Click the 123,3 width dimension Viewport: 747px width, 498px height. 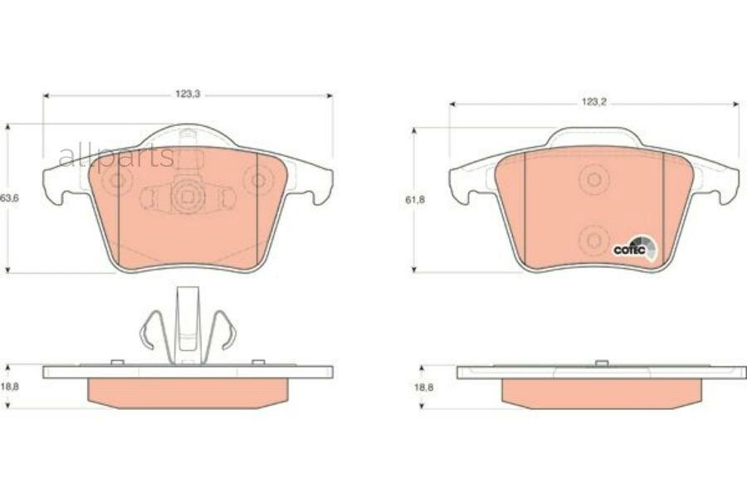point(188,95)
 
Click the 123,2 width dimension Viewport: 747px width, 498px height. point(593,102)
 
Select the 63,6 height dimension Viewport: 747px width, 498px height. point(9,198)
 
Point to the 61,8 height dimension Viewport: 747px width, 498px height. point(415,200)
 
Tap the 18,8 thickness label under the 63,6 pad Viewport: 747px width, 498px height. point(9,387)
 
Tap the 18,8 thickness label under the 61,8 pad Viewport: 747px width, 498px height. point(423,388)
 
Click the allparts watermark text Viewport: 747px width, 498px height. point(117,156)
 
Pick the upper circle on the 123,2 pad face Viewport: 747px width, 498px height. point(594,179)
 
